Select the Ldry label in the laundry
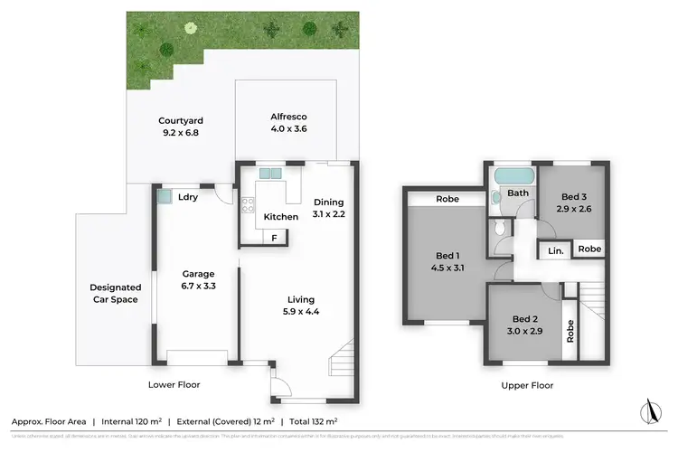click(188, 197)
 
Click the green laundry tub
click(164, 195)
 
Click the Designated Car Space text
click(116, 293)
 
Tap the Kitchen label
click(280, 217)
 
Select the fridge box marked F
click(275, 238)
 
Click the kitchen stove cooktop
click(249, 206)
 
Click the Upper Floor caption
click(525, 385)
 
